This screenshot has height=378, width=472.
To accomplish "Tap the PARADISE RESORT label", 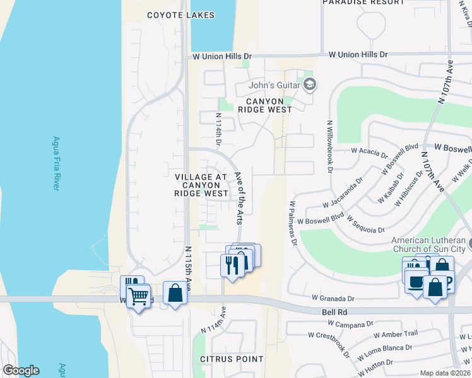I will tap(363, 3).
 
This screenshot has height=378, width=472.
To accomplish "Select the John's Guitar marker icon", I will tap(310, 84).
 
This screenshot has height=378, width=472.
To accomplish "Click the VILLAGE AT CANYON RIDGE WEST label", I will tap(202, 185).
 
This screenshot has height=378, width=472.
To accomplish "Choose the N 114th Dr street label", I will tap(219, 129).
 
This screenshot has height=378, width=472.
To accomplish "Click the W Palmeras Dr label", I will tap(293, 224).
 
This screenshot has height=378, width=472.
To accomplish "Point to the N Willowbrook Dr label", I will tap(329, 146).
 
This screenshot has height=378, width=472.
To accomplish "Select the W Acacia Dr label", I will tap(369, 151).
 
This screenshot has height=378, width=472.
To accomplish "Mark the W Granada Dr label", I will tap(333, 298).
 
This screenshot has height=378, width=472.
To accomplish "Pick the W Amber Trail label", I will tap(396, 334).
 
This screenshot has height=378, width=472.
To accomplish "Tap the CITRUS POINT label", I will tap(232, 359).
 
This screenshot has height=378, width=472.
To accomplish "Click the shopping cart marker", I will tap(138, 295).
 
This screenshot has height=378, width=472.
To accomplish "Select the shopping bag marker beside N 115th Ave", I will tap(175, 293).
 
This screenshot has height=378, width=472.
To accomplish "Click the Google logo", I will tap(21, 370).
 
